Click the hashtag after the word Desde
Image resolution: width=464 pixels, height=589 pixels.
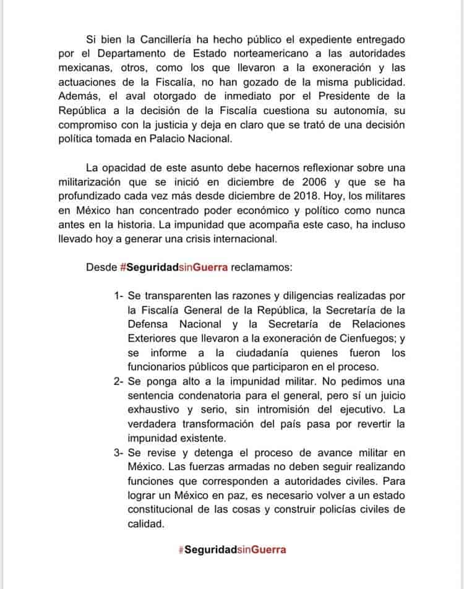(175, 267)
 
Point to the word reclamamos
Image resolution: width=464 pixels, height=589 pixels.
(263, 267)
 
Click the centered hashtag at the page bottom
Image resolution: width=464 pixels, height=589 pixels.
(232, 549)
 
